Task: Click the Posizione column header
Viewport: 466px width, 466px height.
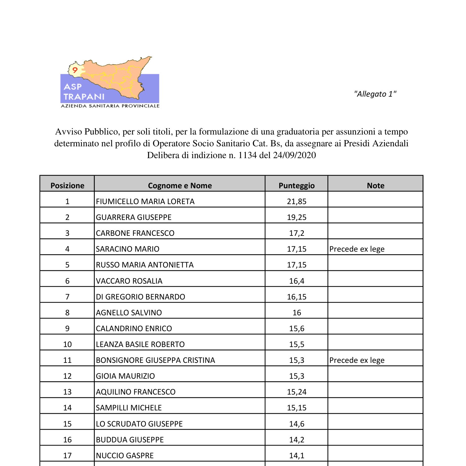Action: point(67,185)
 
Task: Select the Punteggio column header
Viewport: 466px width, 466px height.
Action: point(296,185)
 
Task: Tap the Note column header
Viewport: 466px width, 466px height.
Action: point(375,185)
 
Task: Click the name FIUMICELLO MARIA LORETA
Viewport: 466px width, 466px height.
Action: point(145,201)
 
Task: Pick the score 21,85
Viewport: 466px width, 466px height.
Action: point(296,201)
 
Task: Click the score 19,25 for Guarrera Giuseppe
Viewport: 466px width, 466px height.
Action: point(296,217)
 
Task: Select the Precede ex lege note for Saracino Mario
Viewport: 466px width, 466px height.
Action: point(357,249)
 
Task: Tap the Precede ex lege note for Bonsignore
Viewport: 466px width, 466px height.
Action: point(357,360)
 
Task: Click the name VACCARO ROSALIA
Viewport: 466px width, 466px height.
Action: point(129,281)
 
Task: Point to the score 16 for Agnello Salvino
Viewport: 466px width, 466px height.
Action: point(297,313)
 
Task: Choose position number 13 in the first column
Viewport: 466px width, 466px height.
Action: point(67,392)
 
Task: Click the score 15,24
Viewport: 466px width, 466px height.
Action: point(296,392)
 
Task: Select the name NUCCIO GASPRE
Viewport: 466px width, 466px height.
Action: point(125,455)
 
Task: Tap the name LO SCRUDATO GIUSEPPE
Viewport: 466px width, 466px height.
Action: point(139,424)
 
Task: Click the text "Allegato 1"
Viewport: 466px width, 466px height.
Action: point(375,94)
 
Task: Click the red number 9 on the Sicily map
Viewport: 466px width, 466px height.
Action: point(75,70)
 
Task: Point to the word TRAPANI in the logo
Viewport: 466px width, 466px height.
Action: point(84,97)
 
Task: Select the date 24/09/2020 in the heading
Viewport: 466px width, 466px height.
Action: point(294,155)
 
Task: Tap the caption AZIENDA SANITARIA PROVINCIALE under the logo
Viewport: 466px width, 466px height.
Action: point(110,106)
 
